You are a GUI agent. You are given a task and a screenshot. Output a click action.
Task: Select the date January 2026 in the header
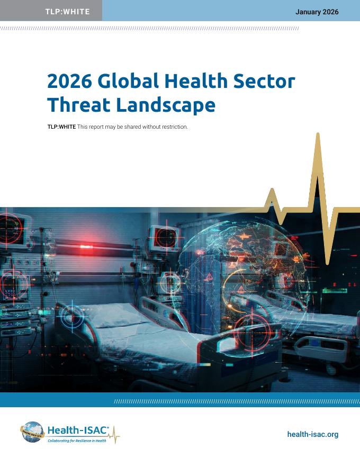tap(317, 12)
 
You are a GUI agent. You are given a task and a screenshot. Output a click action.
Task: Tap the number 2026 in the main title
tap(69, 81)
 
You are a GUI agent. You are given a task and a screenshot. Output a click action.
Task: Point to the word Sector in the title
tap(264, 81)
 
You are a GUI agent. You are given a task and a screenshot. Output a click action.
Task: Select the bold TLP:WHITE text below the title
tap(61, 127)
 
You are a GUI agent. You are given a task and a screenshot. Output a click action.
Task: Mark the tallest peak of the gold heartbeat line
tap(318, 135)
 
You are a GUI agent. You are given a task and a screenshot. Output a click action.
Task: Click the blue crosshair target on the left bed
tap(72, 317)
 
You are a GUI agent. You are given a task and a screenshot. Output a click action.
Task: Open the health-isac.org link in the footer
tap(312, 434)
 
